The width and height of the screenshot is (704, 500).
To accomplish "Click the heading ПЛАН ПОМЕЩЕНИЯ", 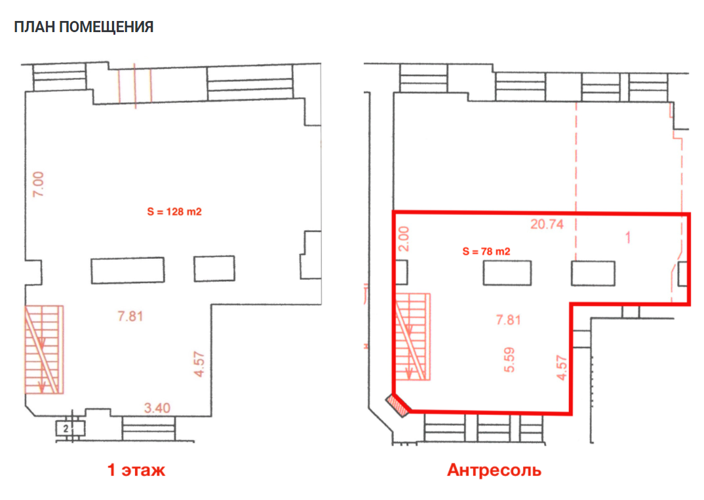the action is tap(83, 27).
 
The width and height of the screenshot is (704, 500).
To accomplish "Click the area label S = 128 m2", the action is tap(174, 212).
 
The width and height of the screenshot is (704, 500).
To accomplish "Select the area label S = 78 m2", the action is tap(486, 252).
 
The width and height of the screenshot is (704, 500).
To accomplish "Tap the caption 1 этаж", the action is tap(136, 470).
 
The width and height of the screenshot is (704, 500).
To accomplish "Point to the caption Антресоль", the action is tap(494, 470).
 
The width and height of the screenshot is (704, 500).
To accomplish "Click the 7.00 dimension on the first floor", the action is tap(39, 184).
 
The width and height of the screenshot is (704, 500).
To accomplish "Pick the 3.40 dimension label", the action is tap(157, 408).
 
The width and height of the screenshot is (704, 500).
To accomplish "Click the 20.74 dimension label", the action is tap(547, 224).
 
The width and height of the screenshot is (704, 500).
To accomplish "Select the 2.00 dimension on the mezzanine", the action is tap(404, 239).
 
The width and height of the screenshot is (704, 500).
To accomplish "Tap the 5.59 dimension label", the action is tap(509, 360).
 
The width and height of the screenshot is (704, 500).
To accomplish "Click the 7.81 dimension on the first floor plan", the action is tap(130, 317).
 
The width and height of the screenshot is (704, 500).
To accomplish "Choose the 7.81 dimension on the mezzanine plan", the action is tap(508, 320).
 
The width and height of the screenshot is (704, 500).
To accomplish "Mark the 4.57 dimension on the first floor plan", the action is tap(199, 364).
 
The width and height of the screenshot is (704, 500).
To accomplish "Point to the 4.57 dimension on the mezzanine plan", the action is tap(562, 368).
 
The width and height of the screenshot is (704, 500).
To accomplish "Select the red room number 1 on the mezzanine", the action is tap(628, 237).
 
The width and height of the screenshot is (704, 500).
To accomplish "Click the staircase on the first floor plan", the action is tap(44, 350).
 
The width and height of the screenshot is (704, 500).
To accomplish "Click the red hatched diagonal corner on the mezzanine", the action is tap(398, 405).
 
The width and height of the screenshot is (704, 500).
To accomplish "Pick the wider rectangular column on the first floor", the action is tap(128, 270).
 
